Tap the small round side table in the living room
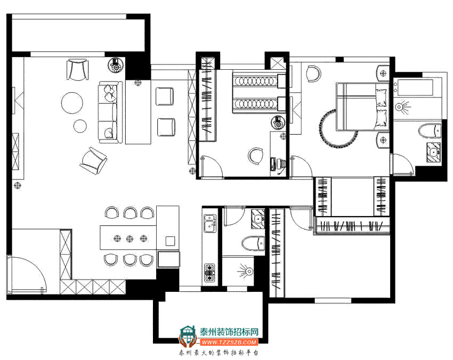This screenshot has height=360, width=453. (80, 126)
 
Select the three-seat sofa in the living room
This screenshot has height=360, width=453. (109, 112)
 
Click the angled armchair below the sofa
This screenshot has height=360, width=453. (93, 160)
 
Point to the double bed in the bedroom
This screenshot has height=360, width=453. (361, 107)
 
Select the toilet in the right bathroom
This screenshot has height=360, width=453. (430, 131)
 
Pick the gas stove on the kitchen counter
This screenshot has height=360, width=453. (209, 273)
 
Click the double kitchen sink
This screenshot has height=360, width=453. (210, 223)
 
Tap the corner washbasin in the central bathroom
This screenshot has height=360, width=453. (258, 218)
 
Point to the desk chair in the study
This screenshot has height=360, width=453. (255, 156)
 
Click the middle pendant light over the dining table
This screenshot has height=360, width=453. (130, 239)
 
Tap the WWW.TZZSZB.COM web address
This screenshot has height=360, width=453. (229, 342)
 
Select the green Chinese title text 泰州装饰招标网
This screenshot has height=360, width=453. (229, 332)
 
